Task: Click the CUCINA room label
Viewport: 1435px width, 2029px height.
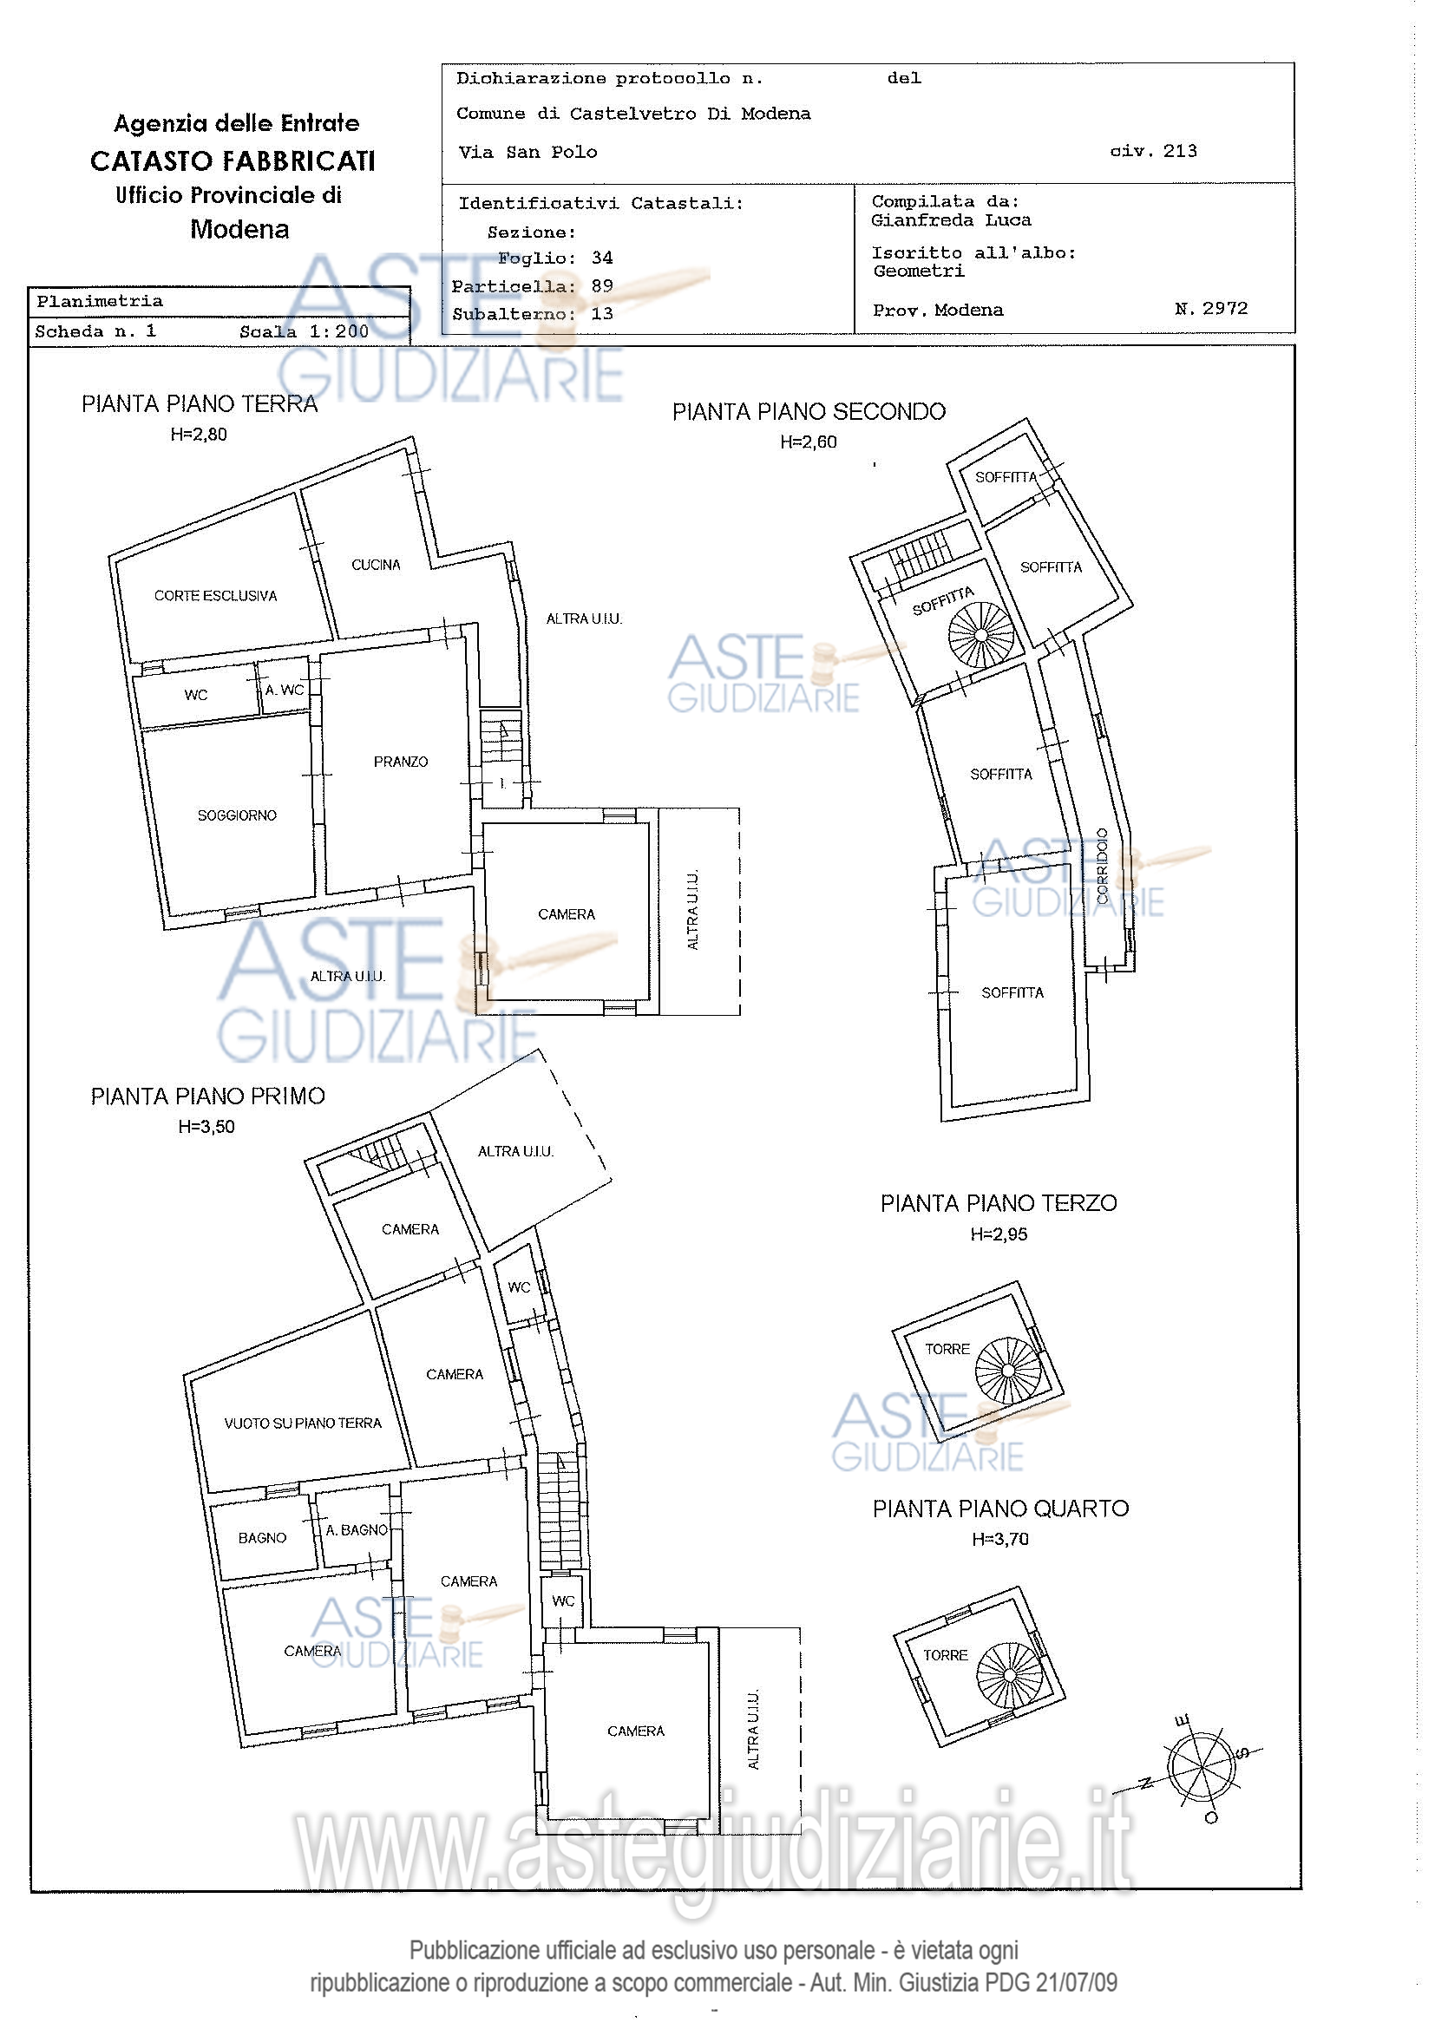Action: point(376,565)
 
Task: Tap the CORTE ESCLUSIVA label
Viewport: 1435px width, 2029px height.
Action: point(216,596)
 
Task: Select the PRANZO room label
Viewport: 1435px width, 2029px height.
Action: point(400,762)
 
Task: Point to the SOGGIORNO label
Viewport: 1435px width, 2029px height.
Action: point(237,815)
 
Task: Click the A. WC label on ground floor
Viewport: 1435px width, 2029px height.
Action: point(285,691)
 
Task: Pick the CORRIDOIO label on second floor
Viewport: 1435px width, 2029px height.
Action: point(1102,865)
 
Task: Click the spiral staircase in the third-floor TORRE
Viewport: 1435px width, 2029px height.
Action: point(1008,1371)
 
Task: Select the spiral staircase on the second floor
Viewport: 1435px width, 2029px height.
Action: point(982,634)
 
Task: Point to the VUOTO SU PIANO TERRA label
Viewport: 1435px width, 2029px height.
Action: point(302,1424)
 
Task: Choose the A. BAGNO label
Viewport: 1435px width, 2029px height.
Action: point(356,1529)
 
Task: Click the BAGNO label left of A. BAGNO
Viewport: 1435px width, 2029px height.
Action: point(262,1538)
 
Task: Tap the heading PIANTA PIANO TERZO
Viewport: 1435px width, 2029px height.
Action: point(999,1204)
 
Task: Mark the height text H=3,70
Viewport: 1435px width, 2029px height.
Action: point(1000,1539)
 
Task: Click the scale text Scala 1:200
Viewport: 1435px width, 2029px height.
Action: point(304,331)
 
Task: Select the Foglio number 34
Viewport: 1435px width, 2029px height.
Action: point(603,258)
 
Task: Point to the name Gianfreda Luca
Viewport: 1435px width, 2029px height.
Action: point(951,220)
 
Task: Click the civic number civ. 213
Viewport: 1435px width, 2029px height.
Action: point(1153,151)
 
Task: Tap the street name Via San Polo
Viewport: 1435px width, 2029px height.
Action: point(527,152)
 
